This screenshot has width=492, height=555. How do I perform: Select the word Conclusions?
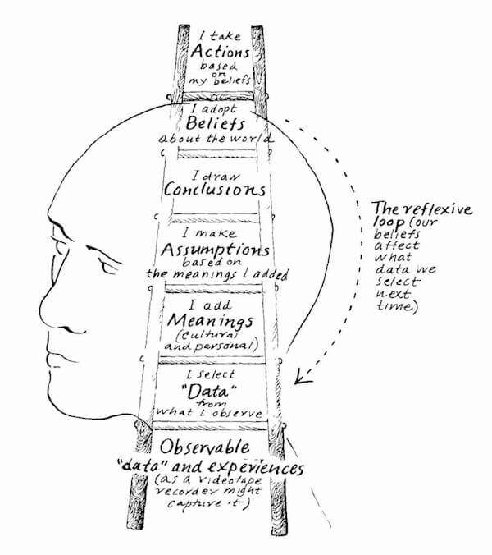(216, 190)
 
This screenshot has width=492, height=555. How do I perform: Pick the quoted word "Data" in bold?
(216, 391)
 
